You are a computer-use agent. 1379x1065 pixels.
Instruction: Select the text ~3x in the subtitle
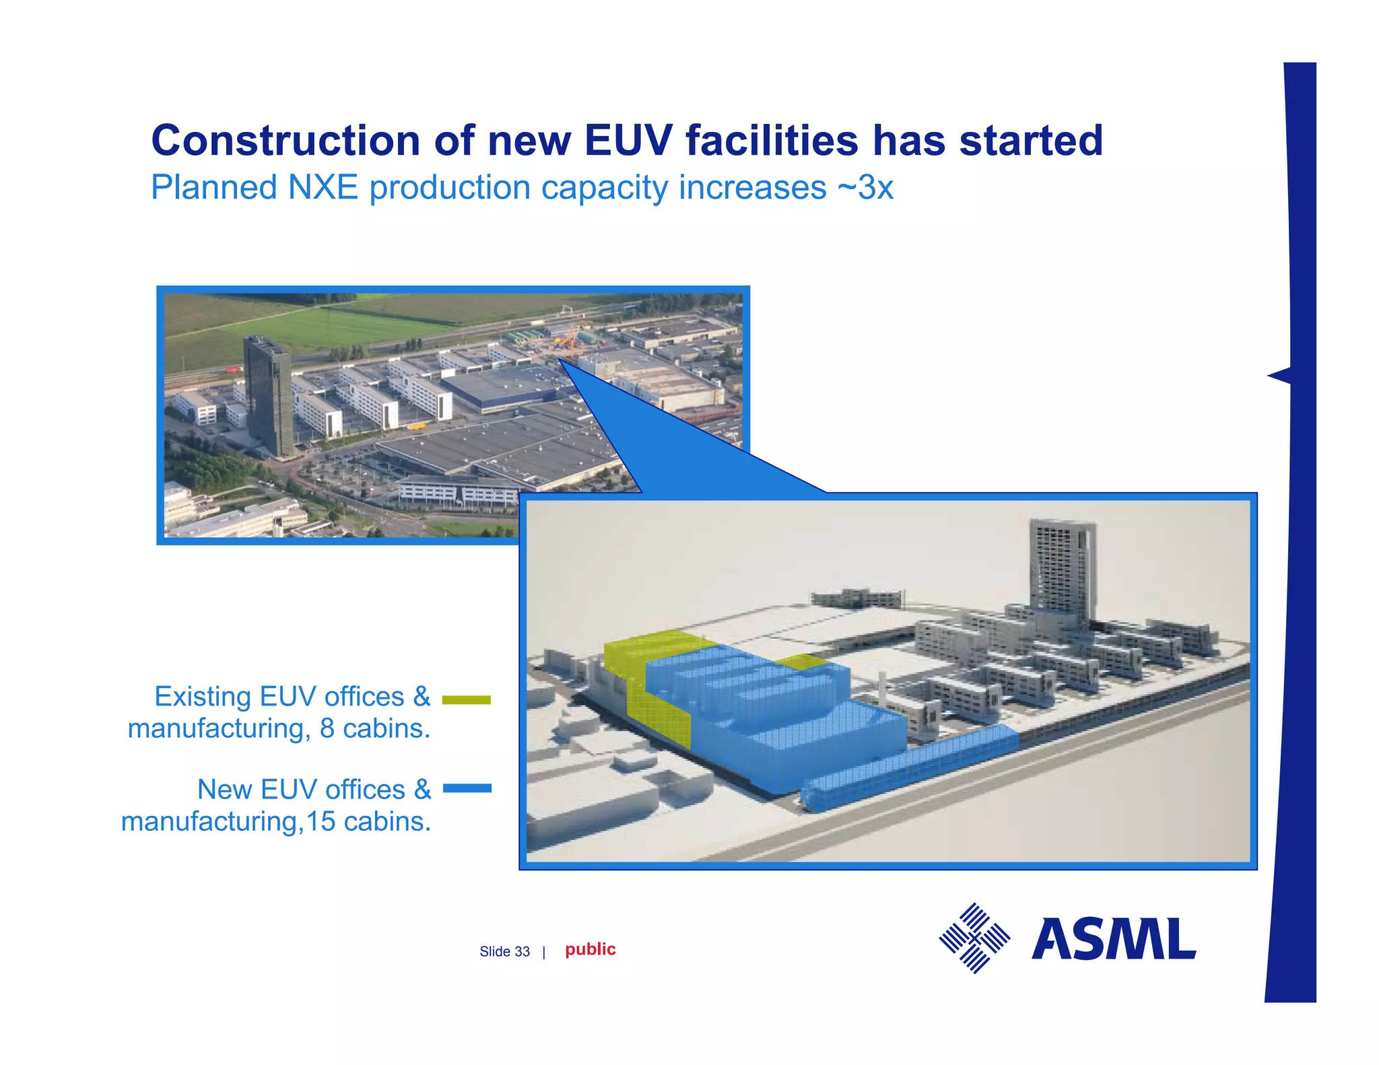click(865, 188)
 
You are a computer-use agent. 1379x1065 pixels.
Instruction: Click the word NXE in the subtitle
click(323, 188)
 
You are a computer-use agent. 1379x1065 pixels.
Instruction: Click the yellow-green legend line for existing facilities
click(466, 700)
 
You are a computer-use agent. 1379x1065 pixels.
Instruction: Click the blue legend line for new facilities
click(467, 788)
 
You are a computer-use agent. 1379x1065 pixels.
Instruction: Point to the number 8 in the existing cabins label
click(327, 728)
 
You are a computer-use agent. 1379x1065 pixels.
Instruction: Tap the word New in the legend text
click(225, 790)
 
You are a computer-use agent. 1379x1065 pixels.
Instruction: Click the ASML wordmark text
click(1113, 939)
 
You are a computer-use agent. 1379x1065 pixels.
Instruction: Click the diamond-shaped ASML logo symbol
click(974, 938)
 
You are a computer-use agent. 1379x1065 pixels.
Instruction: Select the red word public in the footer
click(590, 949)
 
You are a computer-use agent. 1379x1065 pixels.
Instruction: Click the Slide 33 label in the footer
click(504, 951)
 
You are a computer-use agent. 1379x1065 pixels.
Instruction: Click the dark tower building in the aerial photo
click(268, 394)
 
